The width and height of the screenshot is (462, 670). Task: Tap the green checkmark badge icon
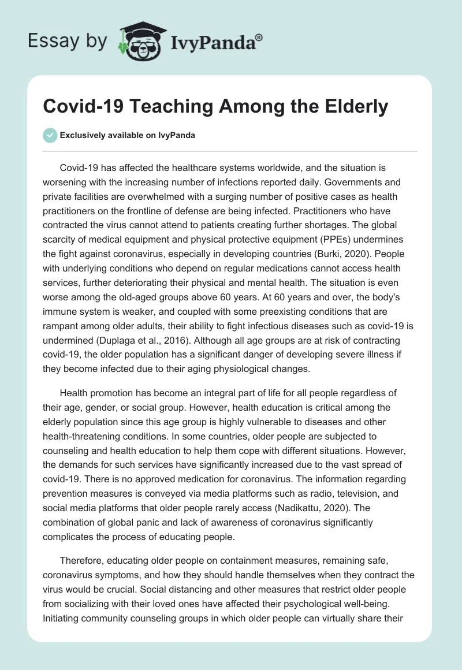pyautogui.click(x=50, y=135)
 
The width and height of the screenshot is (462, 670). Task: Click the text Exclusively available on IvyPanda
pyautogui.click(x=128, y=135)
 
